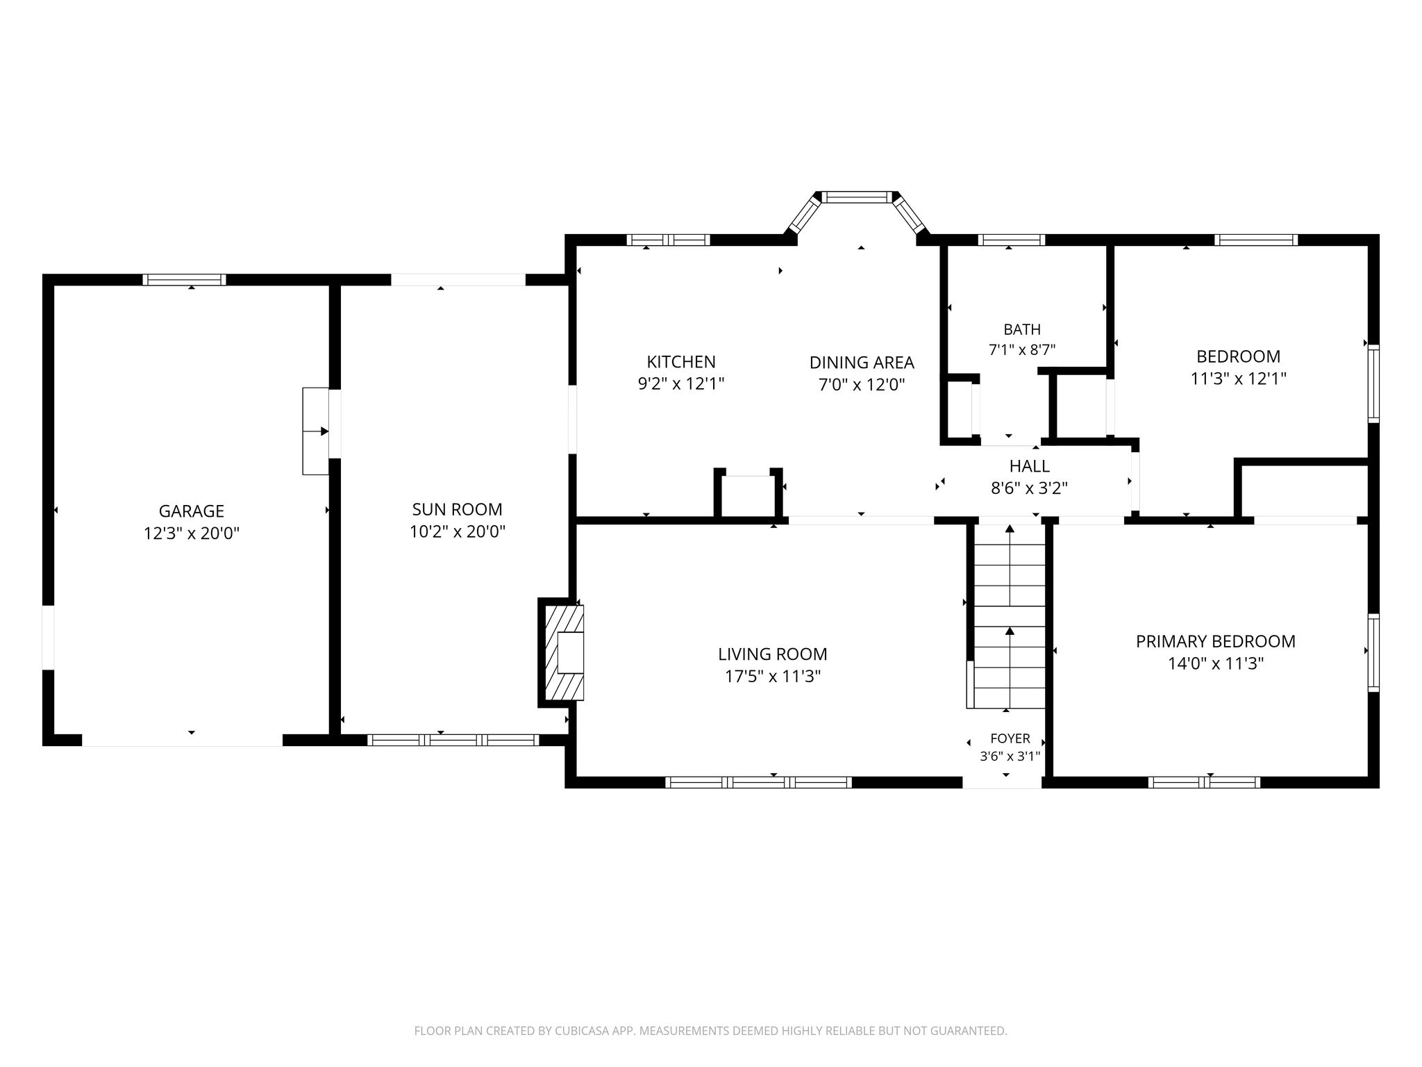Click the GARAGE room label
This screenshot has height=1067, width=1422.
[192, 511]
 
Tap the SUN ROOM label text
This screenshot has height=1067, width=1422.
[457, 509]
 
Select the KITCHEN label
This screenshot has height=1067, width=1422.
[681, 362]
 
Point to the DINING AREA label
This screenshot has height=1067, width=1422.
[862, 363]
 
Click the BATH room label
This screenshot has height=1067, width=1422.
[1022, 329]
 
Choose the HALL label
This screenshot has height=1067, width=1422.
[1030, 466]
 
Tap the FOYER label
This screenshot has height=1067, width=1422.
[1010, 738]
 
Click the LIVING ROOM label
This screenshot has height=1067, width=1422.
[773, 654]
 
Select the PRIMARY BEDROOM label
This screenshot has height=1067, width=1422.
[1216, 642]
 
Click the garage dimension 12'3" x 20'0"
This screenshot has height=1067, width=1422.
[192, 533]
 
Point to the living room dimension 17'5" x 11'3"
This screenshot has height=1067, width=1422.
[773, 677]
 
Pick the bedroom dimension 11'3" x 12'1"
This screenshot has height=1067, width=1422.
[1239, 379]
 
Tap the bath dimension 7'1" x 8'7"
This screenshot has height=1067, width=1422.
[1022, 349]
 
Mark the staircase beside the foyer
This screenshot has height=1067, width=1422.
[1010, 615]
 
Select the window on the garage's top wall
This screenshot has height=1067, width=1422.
[184, 280]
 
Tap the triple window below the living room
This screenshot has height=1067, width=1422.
[758, 782]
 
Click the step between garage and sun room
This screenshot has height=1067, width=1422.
[316, 431]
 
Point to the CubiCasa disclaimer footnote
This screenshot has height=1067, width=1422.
[710, 1032]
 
